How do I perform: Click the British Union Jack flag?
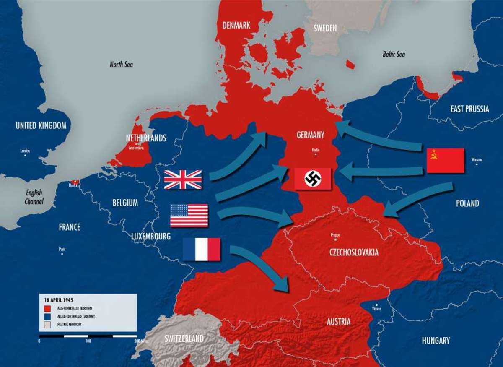point(183,180)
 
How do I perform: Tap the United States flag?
point(189,215)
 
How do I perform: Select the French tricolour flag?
point(202,249)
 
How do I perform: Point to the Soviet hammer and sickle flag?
point(445,161)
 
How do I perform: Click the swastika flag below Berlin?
point(313,179)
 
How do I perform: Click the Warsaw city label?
point(477,160)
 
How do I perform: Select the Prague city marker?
point(335,239)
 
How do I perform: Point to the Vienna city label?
point(376,309)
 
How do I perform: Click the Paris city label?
point(62,249)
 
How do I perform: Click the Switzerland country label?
point(184,338)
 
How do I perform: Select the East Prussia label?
point(469,109)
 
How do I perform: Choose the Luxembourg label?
point(151,237)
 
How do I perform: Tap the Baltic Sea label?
point(394,54)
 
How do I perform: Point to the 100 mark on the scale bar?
point(88,341)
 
